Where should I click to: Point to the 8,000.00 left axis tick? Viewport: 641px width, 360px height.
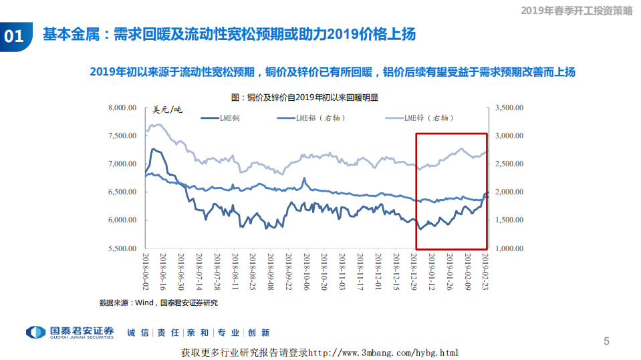pos(122,108)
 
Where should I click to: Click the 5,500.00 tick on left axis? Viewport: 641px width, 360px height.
pos(122,248)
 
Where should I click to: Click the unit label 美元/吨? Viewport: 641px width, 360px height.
pos(167,110)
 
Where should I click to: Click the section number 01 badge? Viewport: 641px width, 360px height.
pos(14,37)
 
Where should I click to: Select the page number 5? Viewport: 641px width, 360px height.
pos(606,341)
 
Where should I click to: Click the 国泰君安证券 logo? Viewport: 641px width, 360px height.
pos(70,332)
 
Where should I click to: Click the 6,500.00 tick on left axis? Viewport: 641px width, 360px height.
pos(122,192)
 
